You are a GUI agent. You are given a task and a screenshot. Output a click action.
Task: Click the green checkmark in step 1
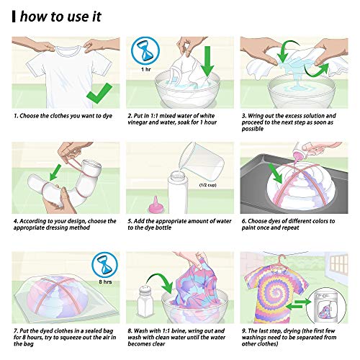(x=99, y=95)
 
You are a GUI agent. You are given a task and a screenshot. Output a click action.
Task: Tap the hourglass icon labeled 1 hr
(x=145, y=51)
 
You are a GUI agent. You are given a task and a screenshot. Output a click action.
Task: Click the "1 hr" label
(x=145, y=69)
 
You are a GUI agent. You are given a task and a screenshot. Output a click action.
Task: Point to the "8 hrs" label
(x=105, y=282)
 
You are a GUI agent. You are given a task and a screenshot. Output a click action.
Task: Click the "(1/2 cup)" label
(x=208, y=185)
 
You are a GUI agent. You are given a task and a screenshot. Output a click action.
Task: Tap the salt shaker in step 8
(x=145, y=300)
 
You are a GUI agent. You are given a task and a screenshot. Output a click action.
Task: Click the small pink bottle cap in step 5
(x=155, y=204)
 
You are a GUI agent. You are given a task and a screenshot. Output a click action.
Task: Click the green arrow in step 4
(x=55, y=173)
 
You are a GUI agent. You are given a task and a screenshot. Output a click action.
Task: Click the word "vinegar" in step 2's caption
(x=138, y=122)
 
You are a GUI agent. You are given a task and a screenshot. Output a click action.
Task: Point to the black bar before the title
(x=14, y=17)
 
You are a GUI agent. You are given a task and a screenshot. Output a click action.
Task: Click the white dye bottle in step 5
(x=178, y=192)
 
